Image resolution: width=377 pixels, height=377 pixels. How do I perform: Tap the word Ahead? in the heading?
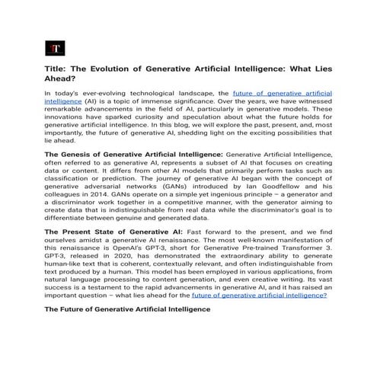pos(62,78)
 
